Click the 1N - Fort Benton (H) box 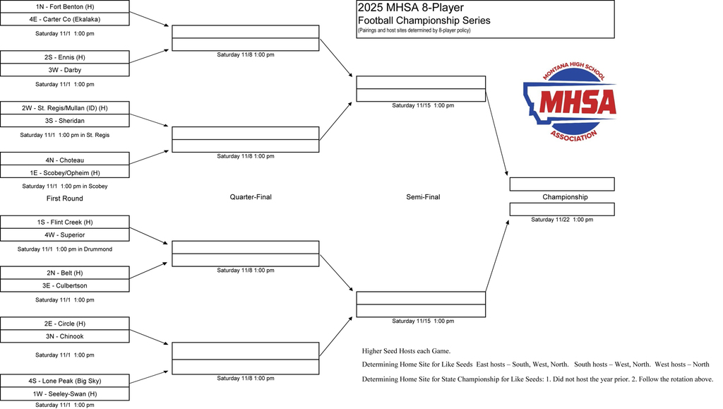[64, 6]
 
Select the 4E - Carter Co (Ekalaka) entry [64, 19]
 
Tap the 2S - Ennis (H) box [64, 57]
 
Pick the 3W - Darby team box [64, 70]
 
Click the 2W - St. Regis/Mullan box [64, 108]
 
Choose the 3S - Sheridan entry [64, 121]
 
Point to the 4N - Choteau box [64, 159]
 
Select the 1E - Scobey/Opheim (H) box [64, 172]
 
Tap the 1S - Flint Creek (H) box [64, 223]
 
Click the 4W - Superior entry [64, 235]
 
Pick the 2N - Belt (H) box [64, 273]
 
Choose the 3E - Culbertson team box [64, 285]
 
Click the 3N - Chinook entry [64, 336]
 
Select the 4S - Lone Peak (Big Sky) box [64, 381]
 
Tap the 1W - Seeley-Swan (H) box [64, 393]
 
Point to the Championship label [565, 197]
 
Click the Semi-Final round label [423, 197]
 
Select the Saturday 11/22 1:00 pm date [562, 220]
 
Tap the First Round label [64, 198]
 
